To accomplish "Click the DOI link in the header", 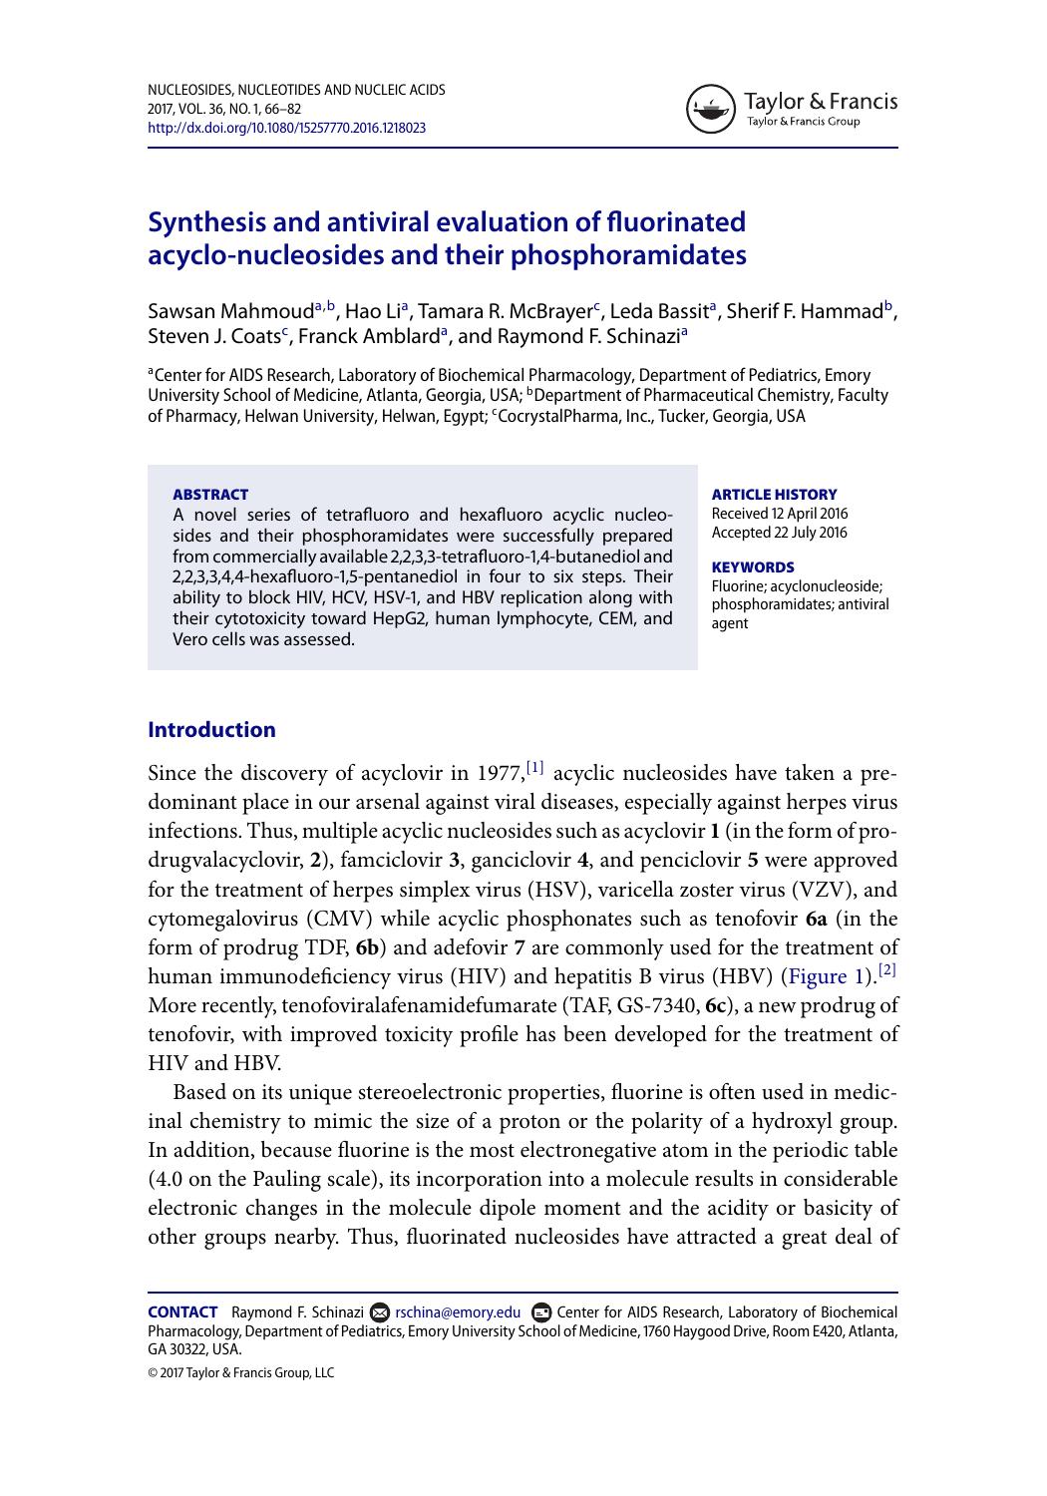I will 287,128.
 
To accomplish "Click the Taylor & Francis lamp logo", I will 709,109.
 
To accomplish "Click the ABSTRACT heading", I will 210,494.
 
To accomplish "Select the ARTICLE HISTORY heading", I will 774,494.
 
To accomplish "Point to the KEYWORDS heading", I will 753,566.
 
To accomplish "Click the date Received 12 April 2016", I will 779,514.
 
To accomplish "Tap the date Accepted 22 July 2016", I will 779,533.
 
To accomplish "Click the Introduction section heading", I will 211,729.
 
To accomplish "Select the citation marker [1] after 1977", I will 535,768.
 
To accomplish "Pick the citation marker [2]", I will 887,970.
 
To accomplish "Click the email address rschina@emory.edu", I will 458,1312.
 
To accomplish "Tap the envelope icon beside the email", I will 380,1312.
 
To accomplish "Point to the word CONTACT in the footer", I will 182,1312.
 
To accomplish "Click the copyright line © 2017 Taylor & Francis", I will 240,1372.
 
